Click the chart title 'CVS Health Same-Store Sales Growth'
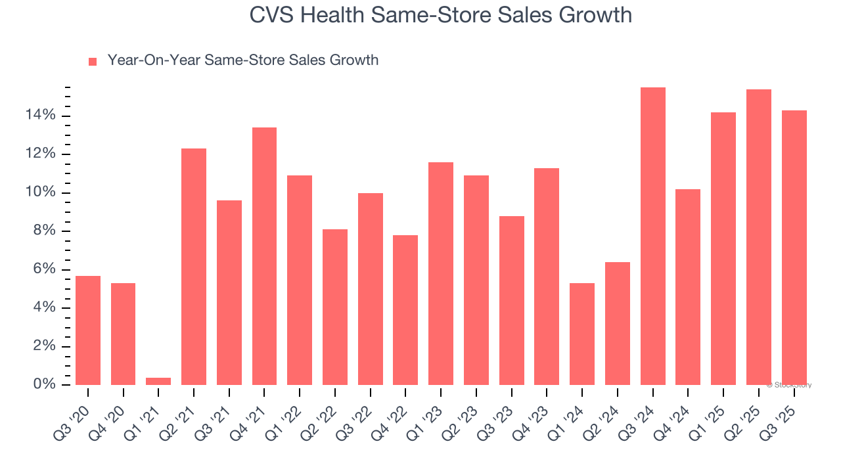pyautogui.click(x=440, y=14)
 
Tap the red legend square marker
pyautogui.click(x=93, y=61)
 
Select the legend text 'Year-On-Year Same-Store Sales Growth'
pyautogui.click(x=242, y=60)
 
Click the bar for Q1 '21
pyautogui.click(x=158, y=381)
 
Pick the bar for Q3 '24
pyautogui.click(x=652, y=236)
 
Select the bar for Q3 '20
pyautogui.click(x=88, y=330)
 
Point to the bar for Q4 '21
pyautogui.click(x=264, y=256)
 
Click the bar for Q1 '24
pyautogui.click(x=582, y=334)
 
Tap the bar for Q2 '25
pyautogui.click(x=758, y=237)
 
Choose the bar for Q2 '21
pyautogui.click(x=194, y=267)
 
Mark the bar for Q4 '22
pyautogui.click(x=405, y=310)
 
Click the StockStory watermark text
pyautogui.click(x=789, y=385)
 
